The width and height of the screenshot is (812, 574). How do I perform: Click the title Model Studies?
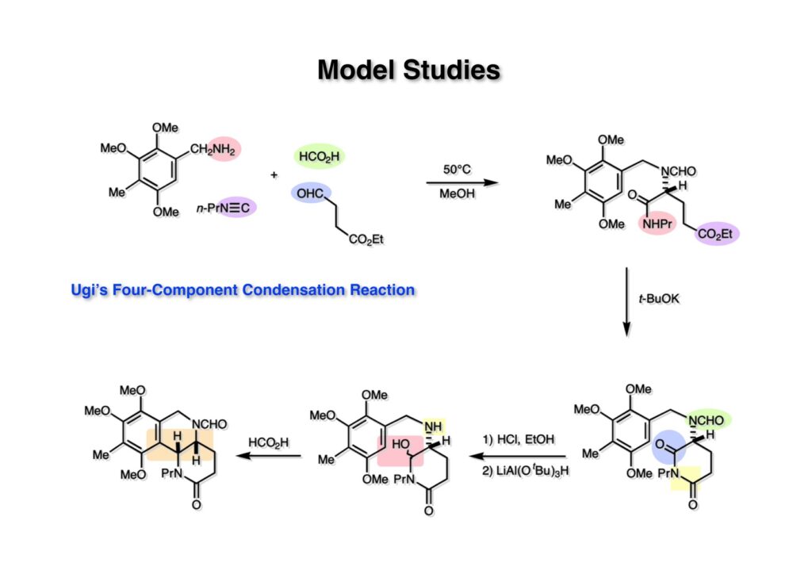tap(408, 71)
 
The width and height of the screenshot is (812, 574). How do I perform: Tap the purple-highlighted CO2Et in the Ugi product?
tap(718, 232)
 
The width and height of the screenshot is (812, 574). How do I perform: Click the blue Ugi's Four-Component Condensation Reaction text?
tap(243, 290)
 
